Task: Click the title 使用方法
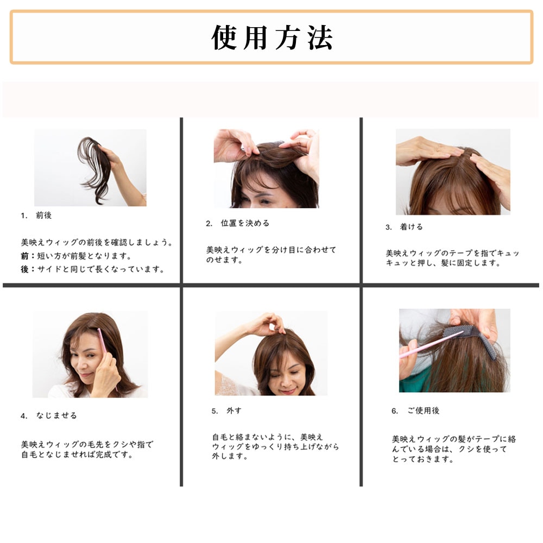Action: (271, 37)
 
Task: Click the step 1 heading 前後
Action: (43, 216)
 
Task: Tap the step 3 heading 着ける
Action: (412, 227)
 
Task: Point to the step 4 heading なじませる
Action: (56, 415)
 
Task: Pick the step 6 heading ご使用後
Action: (423, 411)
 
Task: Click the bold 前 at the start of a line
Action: (25, 256)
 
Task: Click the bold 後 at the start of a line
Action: (25, 269)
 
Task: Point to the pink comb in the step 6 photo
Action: (429, 345)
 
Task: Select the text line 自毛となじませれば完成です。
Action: (77, 455)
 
